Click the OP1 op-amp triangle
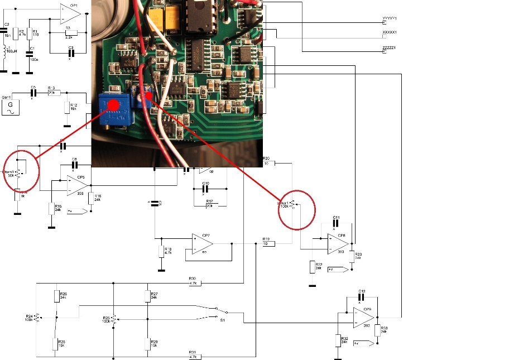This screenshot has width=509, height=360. click(71, 13)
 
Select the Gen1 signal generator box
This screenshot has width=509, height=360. click(10, 104)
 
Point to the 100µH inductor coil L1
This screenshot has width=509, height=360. click(6, 52)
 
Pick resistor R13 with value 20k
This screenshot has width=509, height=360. click(53, 93)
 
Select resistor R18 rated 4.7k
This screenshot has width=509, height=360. click(162, 251)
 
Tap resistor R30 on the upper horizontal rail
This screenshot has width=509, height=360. click(194, 284)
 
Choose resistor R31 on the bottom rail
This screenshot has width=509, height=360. click(194, 356)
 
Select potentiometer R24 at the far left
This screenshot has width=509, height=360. click(37, 318)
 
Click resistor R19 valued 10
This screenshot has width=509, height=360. click(269, 243)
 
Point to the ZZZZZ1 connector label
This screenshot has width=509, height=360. click(388, 49)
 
